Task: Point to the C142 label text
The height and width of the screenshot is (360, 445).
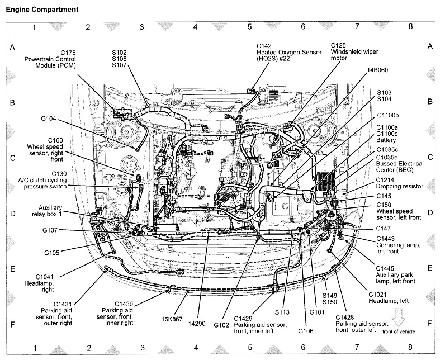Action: [x=265, y=45]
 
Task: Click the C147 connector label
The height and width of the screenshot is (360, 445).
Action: [x=383, y=228]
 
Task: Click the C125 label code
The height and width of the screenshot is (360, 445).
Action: [x=339, y=45]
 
